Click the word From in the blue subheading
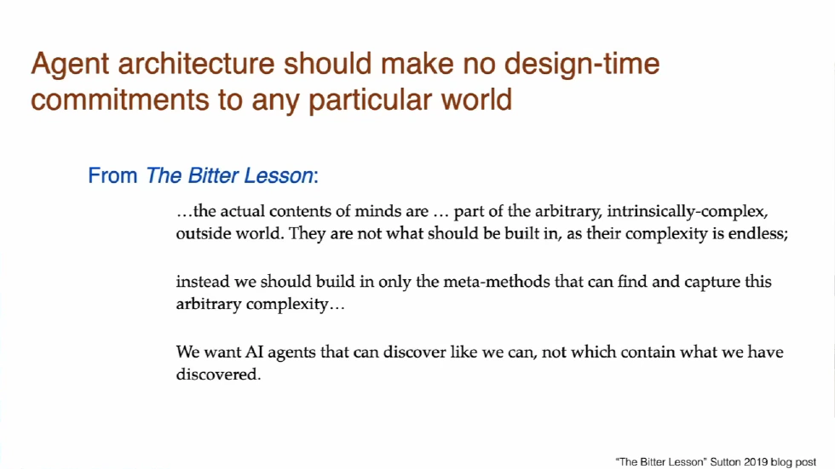click(x=112, y=176)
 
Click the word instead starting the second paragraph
click(x=200, y=282)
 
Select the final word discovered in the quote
click(x=216, y=375)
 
